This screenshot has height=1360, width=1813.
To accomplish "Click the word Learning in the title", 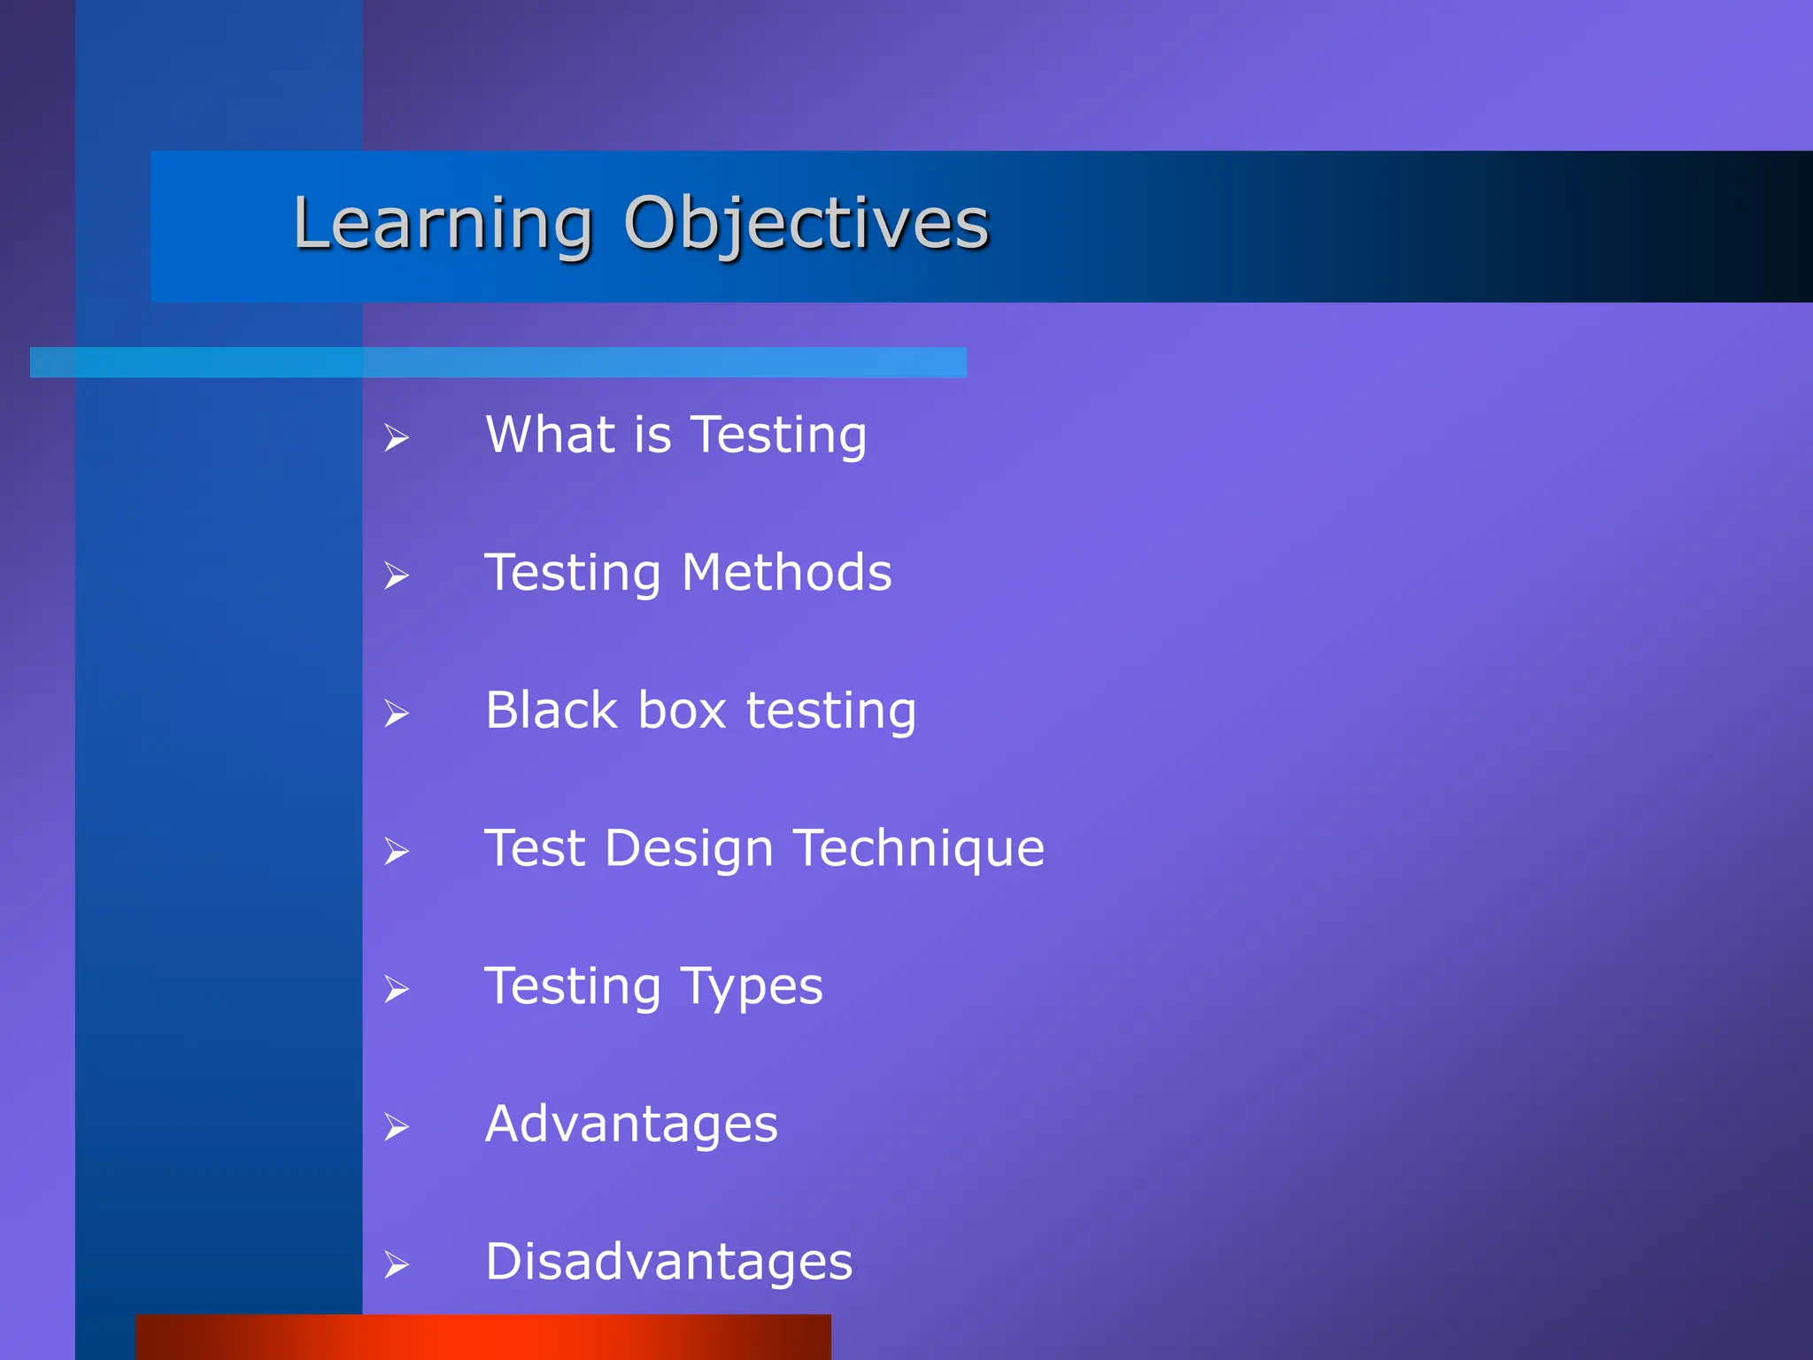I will pos(443,223).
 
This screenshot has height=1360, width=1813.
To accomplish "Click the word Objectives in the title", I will pos(806,223).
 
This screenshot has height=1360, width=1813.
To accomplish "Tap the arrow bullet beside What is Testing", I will pos(396,437).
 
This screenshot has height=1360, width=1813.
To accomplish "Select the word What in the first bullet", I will pos(550,435).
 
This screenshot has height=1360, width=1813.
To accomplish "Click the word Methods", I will pos(786,573).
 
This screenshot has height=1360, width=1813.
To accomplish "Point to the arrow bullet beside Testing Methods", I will pos(396,576).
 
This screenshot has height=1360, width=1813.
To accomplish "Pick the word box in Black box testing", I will pos(682,710).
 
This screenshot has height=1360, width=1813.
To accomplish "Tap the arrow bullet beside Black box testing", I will pos(396,714).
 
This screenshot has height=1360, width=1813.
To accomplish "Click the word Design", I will pos(690,849).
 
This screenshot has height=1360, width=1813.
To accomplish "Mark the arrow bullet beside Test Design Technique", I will pos(396,852).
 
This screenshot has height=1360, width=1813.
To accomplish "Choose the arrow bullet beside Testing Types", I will pos(396,989).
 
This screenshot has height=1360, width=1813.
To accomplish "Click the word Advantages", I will pos(631,1124).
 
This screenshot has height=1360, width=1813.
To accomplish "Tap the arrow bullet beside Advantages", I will pos(396,1127).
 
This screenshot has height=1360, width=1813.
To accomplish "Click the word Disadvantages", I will pos(668,1262).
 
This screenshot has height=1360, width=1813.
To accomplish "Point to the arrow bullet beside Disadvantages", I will pos(396,1265).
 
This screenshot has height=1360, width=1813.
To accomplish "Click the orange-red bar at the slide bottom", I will pos(483,1337).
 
